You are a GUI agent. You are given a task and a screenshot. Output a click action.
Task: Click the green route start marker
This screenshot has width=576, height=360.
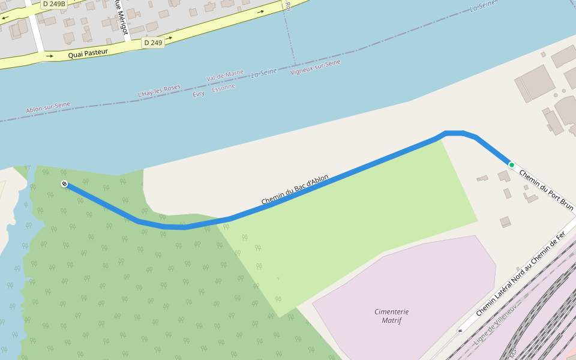click(x=511, y=164)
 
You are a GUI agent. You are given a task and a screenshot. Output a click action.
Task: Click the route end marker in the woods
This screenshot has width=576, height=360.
click(x=64, y=184)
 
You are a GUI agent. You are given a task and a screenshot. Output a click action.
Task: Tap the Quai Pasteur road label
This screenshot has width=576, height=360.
click(x=88, y=53)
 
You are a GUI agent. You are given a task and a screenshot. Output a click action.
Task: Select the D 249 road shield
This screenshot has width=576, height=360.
click(x=153, y=43)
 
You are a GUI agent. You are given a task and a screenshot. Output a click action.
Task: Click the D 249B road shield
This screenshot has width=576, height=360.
click(x=53, y=4)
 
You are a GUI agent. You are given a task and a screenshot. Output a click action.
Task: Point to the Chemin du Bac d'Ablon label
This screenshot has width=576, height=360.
click(x=295, y=190)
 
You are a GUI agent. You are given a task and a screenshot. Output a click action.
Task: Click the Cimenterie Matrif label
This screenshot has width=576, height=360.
click(x=391, y=316)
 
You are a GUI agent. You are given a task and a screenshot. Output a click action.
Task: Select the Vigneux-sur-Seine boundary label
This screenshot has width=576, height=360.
click(x=315, y=67)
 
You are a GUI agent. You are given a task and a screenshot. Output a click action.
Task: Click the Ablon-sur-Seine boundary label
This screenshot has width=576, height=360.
click(x=48, y=108)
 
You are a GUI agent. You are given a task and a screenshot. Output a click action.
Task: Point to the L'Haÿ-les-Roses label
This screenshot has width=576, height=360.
click(x=159, y=91)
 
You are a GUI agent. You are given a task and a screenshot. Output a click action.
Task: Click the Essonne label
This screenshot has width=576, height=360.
click(x=224, y=87)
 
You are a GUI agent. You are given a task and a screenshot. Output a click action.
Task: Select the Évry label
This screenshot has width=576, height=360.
click(x=199, y=94)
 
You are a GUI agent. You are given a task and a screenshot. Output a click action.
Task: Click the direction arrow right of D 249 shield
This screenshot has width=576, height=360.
click(x=170, y=38)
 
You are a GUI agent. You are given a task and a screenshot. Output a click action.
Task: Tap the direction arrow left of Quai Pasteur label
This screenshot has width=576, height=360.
click(x=49, y=56)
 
